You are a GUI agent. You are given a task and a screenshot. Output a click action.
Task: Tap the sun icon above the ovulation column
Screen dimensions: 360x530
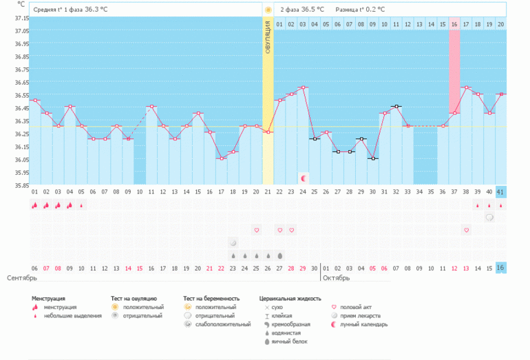tap(268, 10)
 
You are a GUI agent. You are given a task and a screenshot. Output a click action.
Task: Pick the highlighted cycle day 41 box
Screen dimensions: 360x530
tap(500, 191)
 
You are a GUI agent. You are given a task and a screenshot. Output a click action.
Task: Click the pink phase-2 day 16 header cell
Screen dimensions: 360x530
tap(454, 25)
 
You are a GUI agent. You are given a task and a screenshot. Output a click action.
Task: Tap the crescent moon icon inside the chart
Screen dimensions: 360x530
tap(304, 178)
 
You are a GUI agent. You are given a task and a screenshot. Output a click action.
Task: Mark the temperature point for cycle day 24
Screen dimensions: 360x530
tap(304, 87)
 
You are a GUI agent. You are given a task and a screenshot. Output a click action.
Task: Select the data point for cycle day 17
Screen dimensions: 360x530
tap(221, 158)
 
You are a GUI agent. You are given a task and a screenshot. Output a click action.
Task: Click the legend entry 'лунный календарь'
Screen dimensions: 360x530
tap(368, 324)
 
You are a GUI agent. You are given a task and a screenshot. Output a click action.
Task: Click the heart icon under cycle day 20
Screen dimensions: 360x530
tap(256, 229)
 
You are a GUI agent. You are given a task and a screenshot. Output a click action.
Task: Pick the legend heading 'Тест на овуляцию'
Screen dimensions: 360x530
tap(134, 299)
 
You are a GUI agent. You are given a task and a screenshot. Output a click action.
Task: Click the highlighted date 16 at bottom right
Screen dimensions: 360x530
tap(500, 268)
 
